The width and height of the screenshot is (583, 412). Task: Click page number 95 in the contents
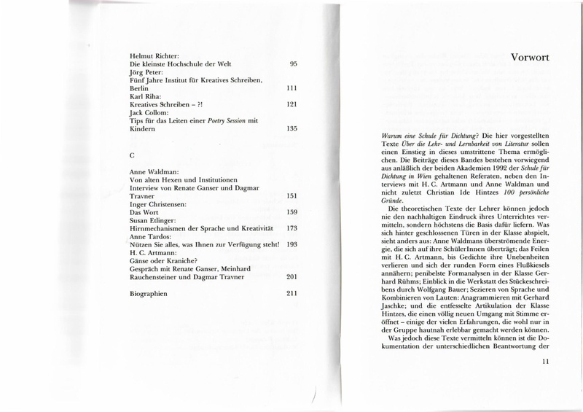294,65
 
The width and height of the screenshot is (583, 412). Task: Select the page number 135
291,128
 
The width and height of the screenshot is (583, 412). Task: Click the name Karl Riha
138,93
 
